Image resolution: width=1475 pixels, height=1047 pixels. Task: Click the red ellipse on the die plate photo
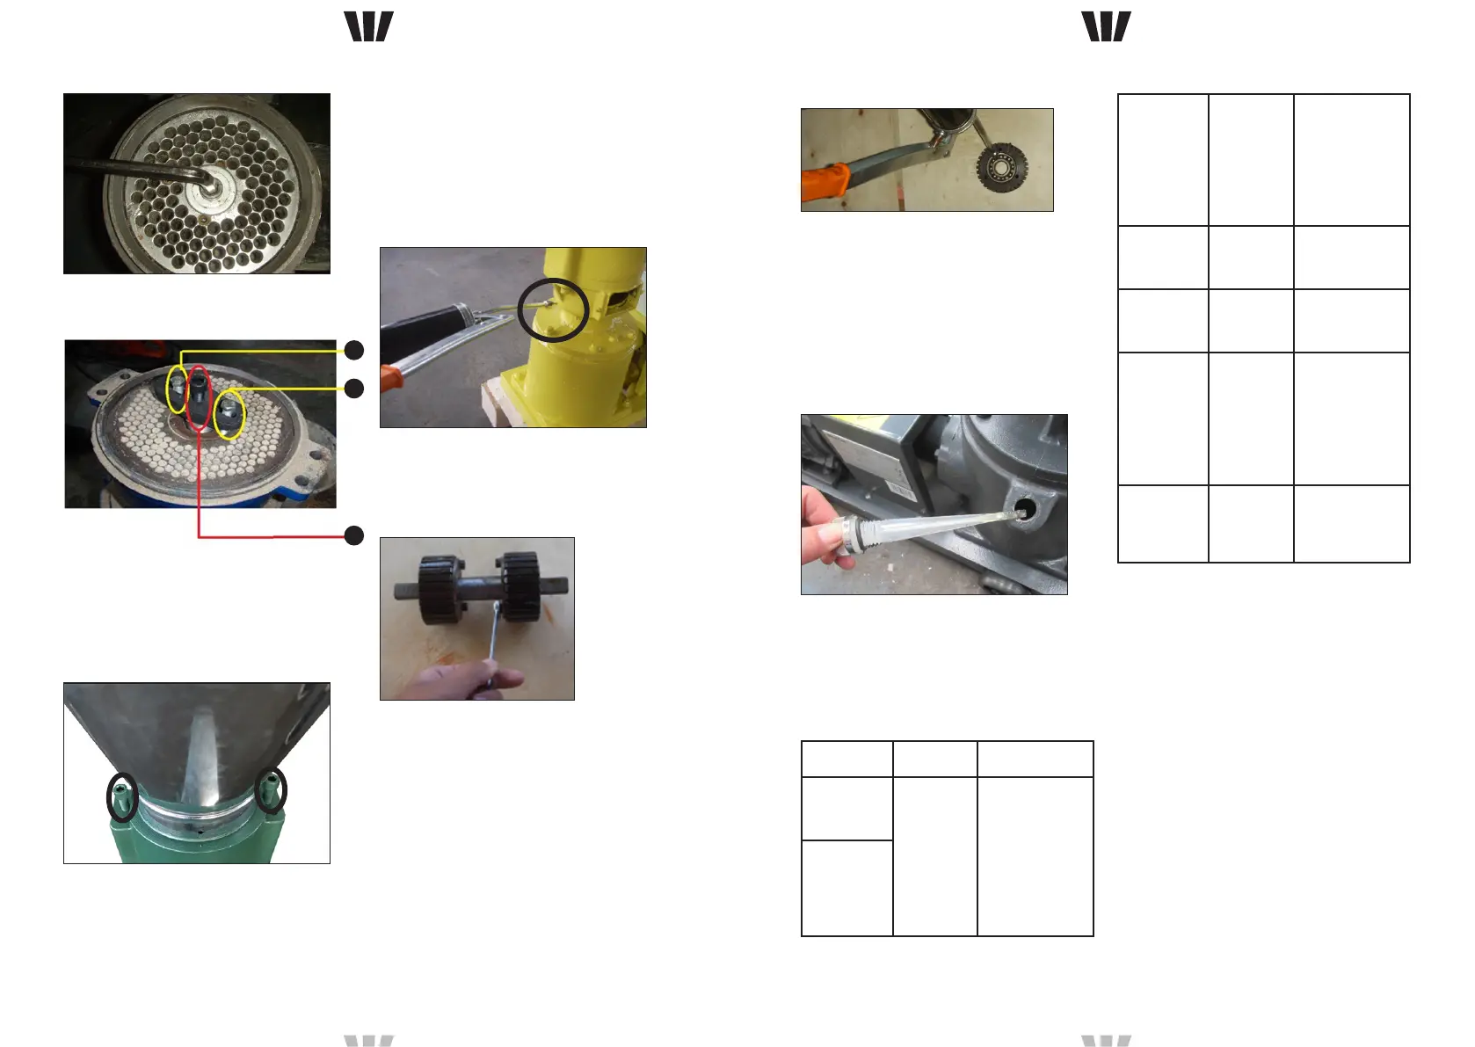[200, 398]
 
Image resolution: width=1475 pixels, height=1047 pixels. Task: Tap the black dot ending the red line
[353, 535]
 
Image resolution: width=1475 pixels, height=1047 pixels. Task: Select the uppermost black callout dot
[353, 350]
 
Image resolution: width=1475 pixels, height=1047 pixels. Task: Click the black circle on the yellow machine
[552, 309]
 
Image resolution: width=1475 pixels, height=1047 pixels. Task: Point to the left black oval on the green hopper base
[122, 796]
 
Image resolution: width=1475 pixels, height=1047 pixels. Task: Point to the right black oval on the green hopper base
[271, 790]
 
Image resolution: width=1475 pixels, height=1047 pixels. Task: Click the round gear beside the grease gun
[1002, 167]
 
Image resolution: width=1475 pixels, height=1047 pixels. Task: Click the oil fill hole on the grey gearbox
[1024, 509]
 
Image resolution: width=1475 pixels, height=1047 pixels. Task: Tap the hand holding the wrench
[466, 680]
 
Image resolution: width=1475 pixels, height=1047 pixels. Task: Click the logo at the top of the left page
[368, 26]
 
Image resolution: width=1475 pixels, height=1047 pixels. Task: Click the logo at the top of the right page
[1106, 26]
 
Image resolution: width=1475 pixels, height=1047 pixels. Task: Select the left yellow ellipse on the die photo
[178, 388]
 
